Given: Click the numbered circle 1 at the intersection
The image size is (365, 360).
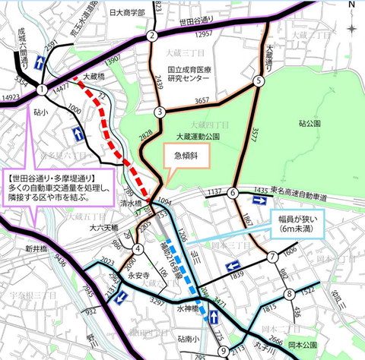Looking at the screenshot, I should (40, 90).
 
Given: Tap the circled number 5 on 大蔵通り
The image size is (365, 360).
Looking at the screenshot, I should (259, 81).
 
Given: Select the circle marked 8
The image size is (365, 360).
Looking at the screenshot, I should (290, 294).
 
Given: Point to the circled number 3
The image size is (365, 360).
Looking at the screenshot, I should (160, 112).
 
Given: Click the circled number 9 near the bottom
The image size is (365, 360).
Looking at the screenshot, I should (223, 350).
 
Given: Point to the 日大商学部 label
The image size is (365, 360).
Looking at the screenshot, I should (125, 14).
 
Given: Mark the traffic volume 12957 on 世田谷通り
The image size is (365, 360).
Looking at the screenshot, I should (205, 35).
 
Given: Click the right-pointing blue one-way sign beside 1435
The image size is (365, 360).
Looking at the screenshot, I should (259, 201).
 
